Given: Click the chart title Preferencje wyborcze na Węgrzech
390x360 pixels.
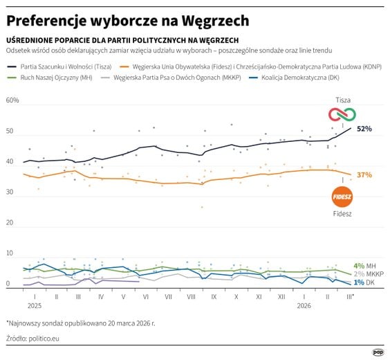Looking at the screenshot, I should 128,19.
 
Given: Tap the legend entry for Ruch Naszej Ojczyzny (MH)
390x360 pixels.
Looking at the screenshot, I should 53,78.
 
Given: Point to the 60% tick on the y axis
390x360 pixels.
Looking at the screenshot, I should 12,101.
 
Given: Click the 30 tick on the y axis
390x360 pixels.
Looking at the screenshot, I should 10,192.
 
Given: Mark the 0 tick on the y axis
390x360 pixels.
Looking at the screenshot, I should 8,284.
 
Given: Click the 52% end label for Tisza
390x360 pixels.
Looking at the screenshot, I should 364,129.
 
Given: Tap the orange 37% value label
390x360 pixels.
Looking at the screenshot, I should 364,175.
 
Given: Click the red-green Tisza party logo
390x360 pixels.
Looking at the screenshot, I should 342,114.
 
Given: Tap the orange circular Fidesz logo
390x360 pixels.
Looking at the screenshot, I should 342,197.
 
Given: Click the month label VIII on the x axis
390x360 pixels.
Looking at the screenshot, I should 190,296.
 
